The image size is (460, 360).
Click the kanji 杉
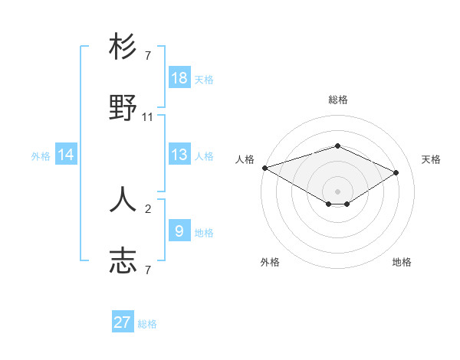(x=123, y=47)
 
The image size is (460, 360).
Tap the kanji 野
(x=123, y=109)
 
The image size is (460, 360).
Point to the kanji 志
(x=123, y=260)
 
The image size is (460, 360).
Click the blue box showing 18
(x=179, y=78)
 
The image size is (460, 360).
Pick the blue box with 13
(x=179, y=155)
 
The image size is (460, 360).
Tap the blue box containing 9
(x=179, y=231)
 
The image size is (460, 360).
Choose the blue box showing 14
(x=66, y=155)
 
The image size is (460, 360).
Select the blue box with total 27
(x=123, y=322)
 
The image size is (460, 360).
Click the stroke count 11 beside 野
(x=148, y=117)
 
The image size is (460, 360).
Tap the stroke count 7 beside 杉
(x=148, y=56)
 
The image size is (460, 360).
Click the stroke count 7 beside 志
(x=148, y=270)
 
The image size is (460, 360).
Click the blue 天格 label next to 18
(x=204, y=79)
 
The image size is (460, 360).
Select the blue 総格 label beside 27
(x=147, y=324)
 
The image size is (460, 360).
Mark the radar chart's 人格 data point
(x=264, y=168)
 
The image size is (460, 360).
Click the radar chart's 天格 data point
(x=396, y=172)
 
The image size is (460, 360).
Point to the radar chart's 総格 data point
(x=337, y=146)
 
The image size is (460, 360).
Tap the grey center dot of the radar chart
(x=337, y=191)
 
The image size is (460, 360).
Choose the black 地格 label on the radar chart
(x=402, y=262)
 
